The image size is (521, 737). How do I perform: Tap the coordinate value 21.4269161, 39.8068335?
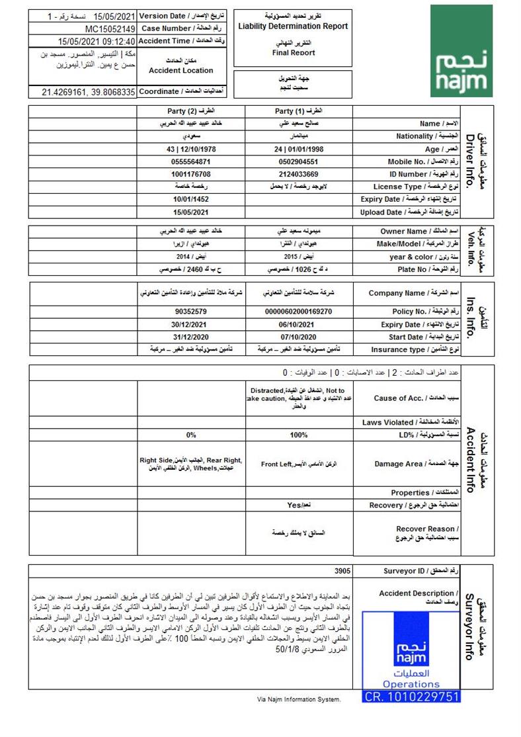[88, 92]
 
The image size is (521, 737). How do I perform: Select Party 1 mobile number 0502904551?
[299, 161]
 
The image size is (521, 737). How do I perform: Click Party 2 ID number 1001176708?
[190, 173]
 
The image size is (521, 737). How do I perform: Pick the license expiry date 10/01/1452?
[190, 198]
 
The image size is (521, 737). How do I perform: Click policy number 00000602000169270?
[299, 311]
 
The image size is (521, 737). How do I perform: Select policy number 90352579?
[190, 311]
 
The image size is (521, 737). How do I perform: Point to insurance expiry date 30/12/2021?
[190, 324]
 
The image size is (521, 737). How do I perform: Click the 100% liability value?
[299, 435]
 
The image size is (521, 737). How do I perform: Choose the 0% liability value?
[190, 435]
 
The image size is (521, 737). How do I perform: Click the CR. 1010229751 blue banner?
[412, 697]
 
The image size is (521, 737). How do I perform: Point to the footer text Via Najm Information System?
[299, 699]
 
